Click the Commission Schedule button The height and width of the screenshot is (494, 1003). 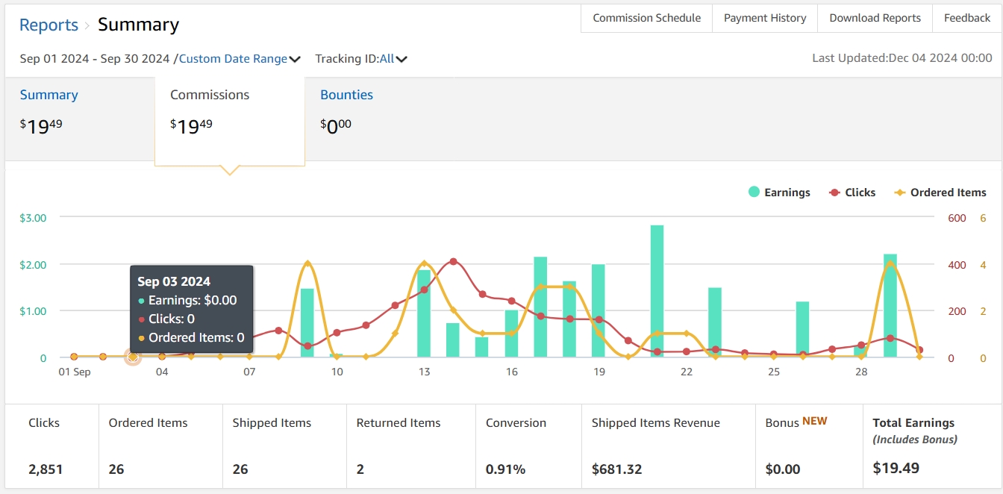click(646, 18)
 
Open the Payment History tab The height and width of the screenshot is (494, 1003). click(765, 18)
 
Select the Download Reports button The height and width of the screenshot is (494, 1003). click(875, 18)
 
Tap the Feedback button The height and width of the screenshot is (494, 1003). click(967, 18)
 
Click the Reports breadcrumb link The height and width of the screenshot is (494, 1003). click(49, 25)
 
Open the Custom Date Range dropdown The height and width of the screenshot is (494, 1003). click(240, 59)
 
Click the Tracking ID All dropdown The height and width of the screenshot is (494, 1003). click(393, 59)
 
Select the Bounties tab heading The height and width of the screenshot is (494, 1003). click(346, 95)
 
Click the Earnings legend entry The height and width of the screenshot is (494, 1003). click(779, 193)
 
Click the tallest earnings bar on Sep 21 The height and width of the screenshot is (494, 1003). click(657, 291)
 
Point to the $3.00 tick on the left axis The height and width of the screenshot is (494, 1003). click(33, 218)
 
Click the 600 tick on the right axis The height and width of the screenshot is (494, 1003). click(957, 218)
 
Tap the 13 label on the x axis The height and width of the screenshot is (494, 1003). click(424, 372)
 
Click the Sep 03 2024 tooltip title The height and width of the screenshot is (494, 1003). click(174, 281)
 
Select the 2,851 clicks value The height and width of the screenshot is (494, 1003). click(46, 469)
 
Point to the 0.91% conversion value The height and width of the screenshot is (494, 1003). click(505, 469)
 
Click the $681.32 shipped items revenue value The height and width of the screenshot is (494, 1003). click(616, 469)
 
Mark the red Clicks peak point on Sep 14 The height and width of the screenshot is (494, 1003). click(453, 262)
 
